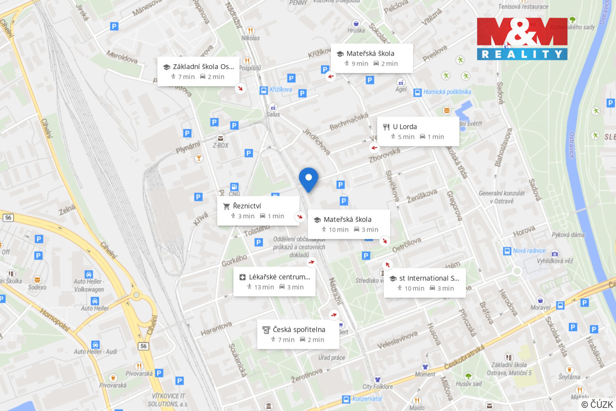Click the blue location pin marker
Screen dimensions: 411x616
308,179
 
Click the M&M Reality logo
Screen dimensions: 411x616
522,39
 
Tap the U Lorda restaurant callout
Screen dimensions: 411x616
418,131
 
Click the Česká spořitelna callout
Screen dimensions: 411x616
298,334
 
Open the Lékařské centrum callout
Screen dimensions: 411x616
274,282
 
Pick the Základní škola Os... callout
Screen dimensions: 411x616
198,71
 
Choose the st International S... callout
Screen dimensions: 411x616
424,283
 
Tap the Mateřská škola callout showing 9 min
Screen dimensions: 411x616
372,58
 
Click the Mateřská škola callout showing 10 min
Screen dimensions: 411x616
349,224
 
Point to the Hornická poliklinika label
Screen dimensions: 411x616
447,92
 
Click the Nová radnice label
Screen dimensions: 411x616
529,251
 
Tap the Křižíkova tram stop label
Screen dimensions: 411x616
280,89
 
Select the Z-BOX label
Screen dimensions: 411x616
220,146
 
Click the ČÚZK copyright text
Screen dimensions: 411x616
597,404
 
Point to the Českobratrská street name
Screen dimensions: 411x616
464,357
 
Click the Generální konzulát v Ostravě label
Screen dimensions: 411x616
501,197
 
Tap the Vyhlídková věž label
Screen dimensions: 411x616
555,261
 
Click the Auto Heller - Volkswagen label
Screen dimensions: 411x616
89,285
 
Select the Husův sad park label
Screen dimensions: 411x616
468,384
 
